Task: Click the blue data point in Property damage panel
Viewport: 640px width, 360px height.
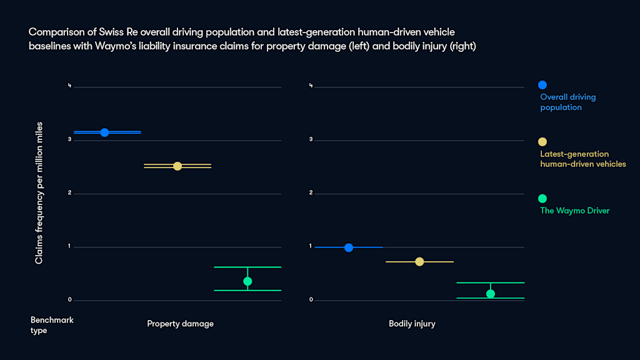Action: coord(104,132)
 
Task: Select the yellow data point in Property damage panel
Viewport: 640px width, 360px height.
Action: coord(177,166)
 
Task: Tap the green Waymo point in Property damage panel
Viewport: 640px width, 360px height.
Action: coord(247,281)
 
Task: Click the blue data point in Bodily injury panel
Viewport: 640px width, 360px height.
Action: coord(349,247)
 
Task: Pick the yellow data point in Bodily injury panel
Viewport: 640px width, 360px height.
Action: coord(419,261)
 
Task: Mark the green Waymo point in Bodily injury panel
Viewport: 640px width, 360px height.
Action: coord(491,294)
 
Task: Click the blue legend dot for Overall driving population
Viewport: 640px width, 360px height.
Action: coord(542,85)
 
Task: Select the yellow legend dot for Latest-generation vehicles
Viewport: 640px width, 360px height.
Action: coord(542,142)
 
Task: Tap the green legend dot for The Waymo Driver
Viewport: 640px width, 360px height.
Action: coord(542,198)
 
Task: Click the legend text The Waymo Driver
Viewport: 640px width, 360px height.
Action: coord(574,211)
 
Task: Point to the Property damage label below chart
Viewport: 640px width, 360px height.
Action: coord(180,324)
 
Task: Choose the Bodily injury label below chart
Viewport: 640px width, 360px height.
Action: coord(412,324)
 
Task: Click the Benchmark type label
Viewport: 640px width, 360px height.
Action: coord(52,325)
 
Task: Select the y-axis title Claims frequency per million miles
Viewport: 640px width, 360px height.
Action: coord(39,193)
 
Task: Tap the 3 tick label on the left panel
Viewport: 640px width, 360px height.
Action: coord(70,139)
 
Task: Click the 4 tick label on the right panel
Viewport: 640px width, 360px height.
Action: coord(311,86)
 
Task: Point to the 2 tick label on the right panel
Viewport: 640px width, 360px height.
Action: coord(311,193)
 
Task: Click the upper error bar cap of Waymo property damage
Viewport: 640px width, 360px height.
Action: coord(247,267)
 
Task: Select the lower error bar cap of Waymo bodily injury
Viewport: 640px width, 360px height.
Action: coord(491,298)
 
